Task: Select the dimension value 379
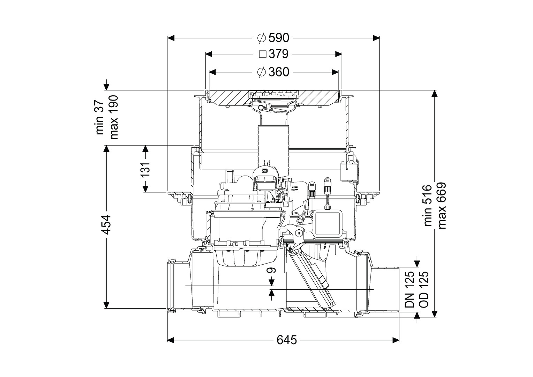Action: coord(278,54)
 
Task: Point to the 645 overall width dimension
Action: coord(287,340)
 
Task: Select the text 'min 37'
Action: coord(100,117)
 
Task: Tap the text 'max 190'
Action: coord(114,117)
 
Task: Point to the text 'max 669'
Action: coord(442,206)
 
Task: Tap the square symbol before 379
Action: coord(263,54)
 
